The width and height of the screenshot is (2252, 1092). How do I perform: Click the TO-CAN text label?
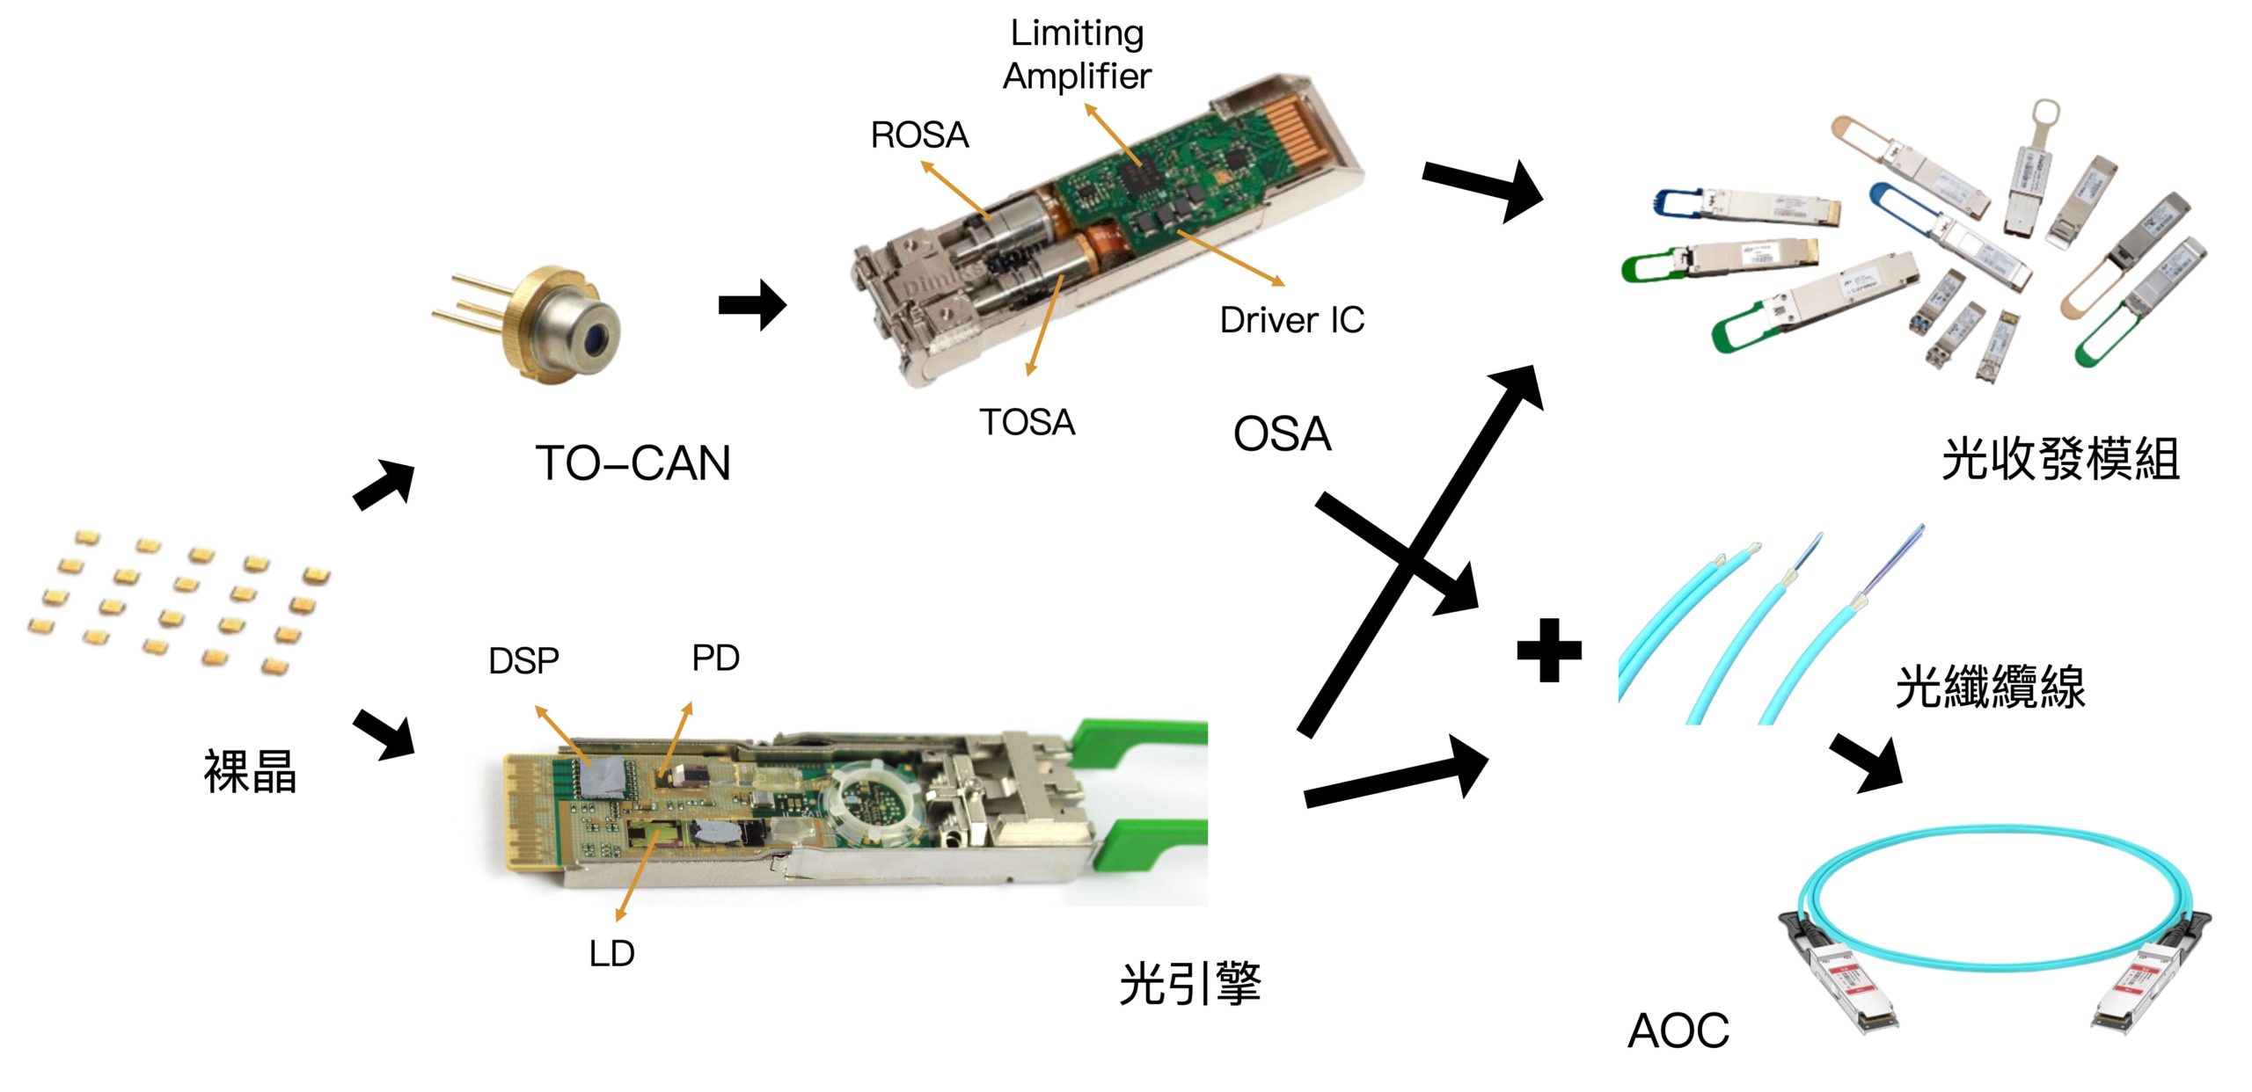[633, 463]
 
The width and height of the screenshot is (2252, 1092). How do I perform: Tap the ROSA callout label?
[919, 135]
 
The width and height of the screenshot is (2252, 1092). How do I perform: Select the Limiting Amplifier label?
[1077, 55]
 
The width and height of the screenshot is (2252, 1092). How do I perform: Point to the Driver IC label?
[1291, 320]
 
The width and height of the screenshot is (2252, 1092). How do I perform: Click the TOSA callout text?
[1027, 423]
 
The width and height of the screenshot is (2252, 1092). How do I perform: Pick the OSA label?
[1282, 434]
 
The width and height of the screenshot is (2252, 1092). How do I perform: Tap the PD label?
[715, 659]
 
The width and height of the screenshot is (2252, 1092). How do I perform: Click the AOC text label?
[1678, 1030]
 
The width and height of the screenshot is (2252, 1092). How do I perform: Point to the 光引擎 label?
[1190, 983]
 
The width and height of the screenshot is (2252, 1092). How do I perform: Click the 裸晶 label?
[250, 772]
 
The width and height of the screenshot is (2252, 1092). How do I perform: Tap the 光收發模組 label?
[2060, 459]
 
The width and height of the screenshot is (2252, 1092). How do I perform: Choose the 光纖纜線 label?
[1990, 687]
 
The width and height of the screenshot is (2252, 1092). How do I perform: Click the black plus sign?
[1549, 651]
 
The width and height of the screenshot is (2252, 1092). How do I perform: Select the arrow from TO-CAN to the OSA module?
[752, 305]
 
